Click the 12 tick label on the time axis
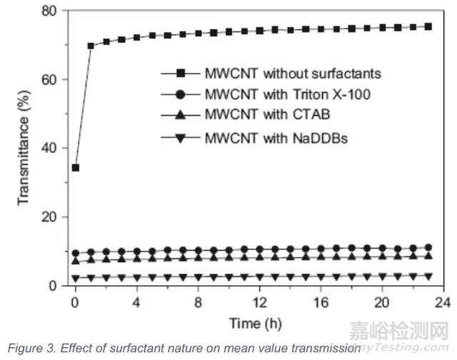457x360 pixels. (x=258, y=300)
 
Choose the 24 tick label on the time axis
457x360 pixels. (x=443, y=300)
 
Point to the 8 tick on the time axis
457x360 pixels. (x=198, y=300)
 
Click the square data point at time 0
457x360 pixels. (x=76, y=168)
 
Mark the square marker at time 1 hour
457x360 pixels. (x=91, y=46)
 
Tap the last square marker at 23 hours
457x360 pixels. (x=428, y=26)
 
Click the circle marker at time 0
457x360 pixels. (x=76, y=253)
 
